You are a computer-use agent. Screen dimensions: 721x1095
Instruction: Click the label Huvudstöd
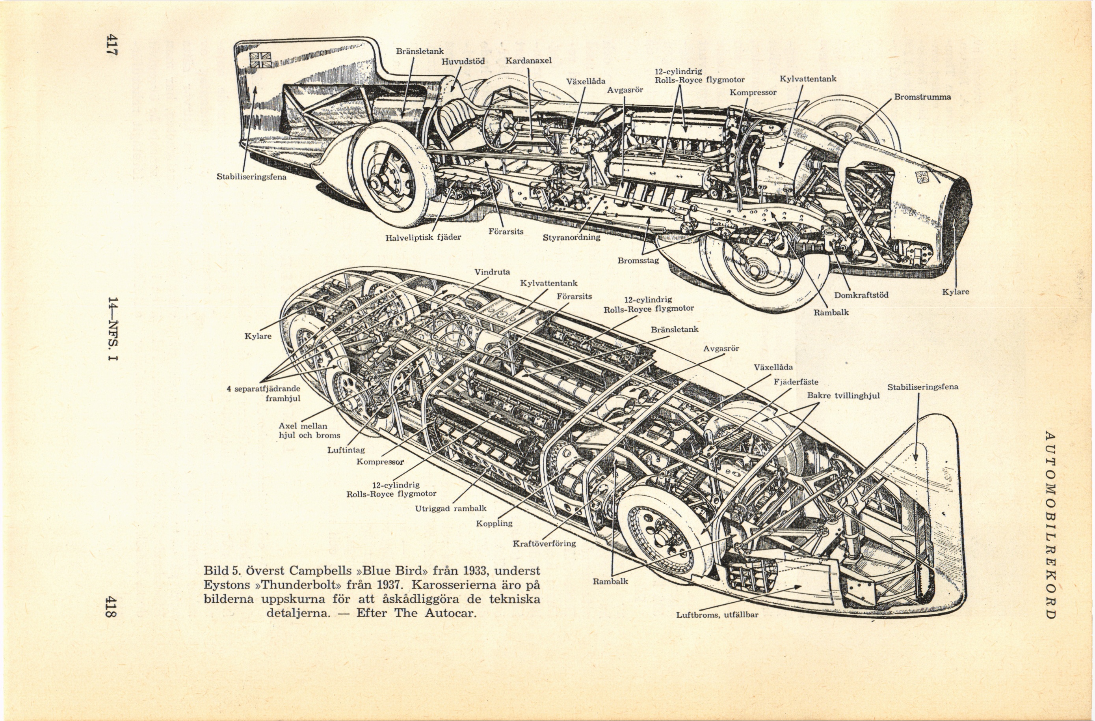[x=463, y=61]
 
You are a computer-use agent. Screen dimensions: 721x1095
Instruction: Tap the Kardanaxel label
[x=528, y=61]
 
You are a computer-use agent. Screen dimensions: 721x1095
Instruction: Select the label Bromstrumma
[x=922, y=97]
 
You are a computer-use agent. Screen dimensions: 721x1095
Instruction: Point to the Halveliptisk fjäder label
[x=423, y=237]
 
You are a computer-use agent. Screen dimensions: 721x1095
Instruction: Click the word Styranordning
[x=571, y=237]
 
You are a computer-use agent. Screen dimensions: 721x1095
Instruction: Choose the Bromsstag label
[x=638, y=261]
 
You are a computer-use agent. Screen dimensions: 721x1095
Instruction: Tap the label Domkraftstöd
[x=861, y=295]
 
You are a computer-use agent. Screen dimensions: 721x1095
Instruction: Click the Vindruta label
[x=492, y=272]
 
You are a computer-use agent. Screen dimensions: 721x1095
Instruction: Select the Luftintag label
[x=346, y=450]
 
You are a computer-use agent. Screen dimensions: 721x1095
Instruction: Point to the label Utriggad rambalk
[x=450, y=508]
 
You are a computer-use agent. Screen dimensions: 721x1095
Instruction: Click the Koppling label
[x=494, y=523]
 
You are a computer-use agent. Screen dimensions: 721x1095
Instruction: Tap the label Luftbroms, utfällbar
[x=717, y=614]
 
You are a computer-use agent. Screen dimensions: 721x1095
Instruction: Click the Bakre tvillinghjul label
[x=843, y=396]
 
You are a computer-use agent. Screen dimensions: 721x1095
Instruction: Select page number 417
[x=112, y=45]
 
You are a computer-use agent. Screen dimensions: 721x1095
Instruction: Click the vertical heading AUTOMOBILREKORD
[x=1049, y=525]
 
